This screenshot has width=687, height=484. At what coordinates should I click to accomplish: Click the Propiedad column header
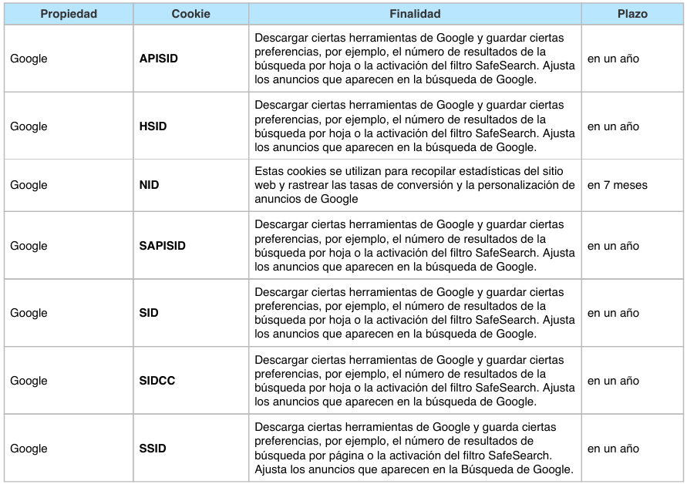[69, 14]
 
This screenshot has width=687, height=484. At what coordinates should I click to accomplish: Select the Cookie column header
[190, 14]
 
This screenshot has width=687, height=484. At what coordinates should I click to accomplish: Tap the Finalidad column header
[415, 14]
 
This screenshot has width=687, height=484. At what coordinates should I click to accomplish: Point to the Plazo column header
[632, 14]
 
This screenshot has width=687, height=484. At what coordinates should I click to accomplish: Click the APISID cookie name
[159, 59]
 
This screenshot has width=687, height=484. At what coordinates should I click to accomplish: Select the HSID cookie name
[153, 126]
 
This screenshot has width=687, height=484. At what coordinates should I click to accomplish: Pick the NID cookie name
[150, 185]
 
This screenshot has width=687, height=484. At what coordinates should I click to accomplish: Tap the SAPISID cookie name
[163, 246]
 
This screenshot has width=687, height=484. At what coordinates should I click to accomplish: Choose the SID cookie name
[149, 313]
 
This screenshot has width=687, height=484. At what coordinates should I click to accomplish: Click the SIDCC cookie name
[157, 381]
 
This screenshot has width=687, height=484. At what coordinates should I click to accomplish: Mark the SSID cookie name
[153, 449]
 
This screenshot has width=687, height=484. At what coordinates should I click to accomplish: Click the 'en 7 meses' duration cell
[618, 185]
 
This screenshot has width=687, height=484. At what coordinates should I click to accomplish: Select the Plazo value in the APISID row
[613, 59]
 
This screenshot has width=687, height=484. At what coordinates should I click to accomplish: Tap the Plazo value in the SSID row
[613, 449]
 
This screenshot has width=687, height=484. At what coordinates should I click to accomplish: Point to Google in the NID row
[29, 185]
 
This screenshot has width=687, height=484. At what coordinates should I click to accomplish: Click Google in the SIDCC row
[29, 381]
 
